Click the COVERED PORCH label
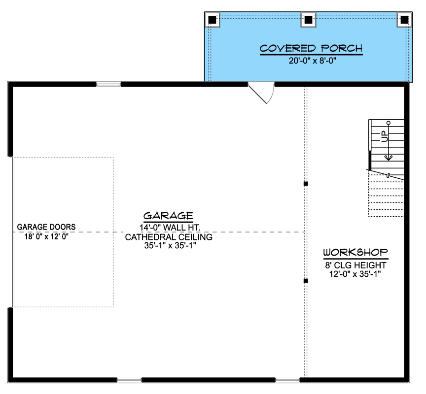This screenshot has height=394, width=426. (311, 48)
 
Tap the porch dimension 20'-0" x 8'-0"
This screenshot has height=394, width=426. (313, 61)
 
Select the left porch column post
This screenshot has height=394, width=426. (212, 20)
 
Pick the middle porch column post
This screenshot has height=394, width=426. (308, 20)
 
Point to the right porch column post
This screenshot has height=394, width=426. (404, 20)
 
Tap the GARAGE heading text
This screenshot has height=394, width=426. (168, 216)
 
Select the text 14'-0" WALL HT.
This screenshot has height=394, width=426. (170, 228)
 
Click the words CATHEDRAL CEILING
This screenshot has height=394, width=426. (169, 237)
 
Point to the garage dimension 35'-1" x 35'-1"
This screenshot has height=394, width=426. (170, 246)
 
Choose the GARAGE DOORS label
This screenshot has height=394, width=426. (46, 227)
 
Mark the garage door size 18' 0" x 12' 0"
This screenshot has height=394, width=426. (46, 236)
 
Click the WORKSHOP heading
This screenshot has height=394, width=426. (355, 252)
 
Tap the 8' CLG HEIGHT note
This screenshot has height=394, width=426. (355, 265)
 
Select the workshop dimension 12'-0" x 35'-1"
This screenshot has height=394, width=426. (355, 274)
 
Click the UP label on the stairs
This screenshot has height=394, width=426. (384, 136)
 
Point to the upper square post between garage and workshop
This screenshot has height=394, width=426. (306, 184)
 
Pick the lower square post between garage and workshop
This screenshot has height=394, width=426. (306, 281)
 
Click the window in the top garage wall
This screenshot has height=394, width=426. (108, 84)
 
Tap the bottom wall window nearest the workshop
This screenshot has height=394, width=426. (287, 380)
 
